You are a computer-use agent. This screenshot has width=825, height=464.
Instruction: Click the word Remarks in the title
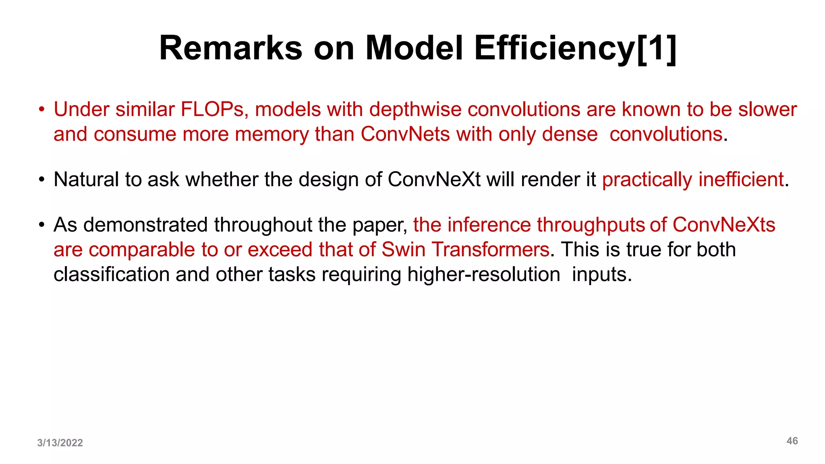coord(231,48)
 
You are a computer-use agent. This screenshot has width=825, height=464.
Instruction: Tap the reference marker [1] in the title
coord(657,48)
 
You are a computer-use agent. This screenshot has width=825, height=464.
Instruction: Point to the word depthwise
coord(415,110)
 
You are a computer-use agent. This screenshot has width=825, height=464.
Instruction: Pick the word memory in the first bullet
coord(272,134)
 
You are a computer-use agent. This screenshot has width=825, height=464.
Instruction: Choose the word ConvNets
coord(405,134)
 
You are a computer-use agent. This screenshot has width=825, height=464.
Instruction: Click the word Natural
coord(86,179)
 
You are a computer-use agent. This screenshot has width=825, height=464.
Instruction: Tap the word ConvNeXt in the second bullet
coord(434,179)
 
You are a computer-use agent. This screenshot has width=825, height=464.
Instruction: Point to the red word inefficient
coord(741,179)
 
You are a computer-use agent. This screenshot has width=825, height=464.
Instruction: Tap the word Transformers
coord(491,250)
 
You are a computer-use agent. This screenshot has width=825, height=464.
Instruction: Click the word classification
coord(111,275)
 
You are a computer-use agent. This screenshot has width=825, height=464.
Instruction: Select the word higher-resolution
coord(483,275)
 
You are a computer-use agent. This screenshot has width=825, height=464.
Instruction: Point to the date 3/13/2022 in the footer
coord(60,443)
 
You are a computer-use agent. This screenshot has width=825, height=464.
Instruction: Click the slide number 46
coord(792,441)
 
